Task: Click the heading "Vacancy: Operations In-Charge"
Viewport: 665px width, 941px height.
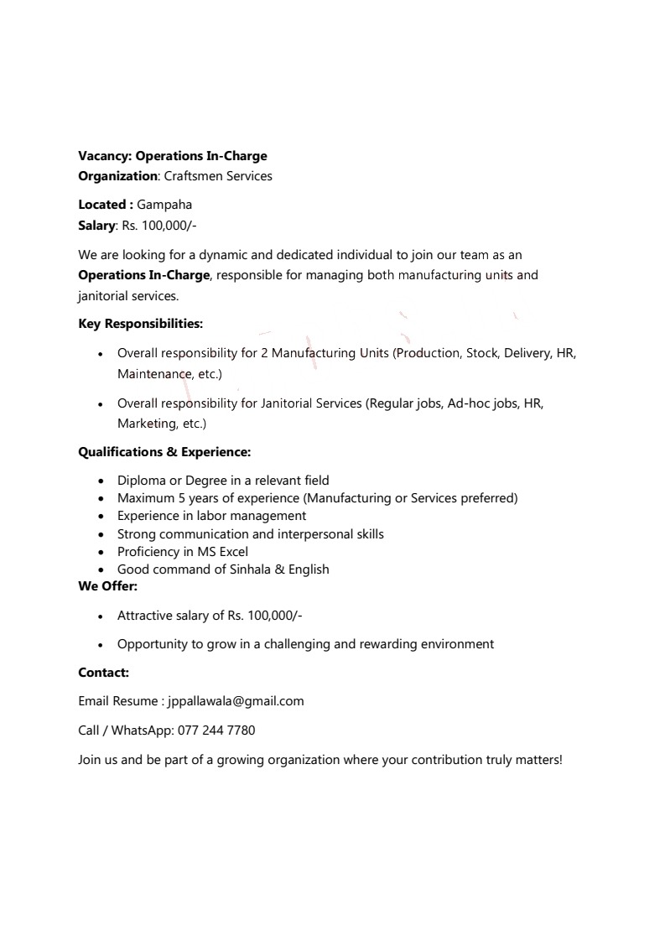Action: (x=173, y=156)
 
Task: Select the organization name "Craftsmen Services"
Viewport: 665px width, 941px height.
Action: (x=218, y=176)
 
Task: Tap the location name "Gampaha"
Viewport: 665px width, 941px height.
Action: (x=164, y=205)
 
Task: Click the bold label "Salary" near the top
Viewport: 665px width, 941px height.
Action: (x=96, y=225)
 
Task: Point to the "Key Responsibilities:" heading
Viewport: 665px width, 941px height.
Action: (x=140, y=324)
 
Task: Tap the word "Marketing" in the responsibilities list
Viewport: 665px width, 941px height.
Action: (x=143, y=424)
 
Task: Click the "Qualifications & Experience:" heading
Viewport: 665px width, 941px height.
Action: (x=164, y=452)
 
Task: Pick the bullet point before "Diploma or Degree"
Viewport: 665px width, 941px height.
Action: (x=101, y=481)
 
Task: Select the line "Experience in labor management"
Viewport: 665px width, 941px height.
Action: (x=211, y=516)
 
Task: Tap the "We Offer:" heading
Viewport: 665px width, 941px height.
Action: (x=107, y=586)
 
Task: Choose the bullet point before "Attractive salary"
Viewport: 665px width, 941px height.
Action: (x=101, y=616)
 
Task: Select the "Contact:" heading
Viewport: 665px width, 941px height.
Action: (x=103, y=673)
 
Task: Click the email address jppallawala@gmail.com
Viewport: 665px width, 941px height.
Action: (x=236, y=701)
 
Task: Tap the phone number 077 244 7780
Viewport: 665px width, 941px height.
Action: (x=216, y=730)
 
